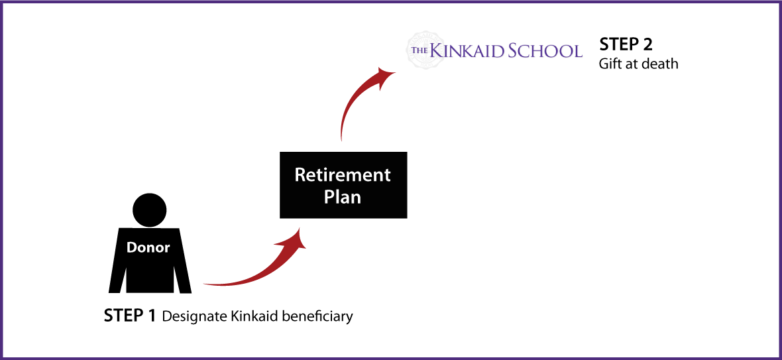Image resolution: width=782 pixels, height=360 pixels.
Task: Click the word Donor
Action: pyautogui.click(x=148, y=248)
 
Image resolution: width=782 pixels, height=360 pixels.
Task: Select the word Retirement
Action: pyautogui.click(x=343, y=176)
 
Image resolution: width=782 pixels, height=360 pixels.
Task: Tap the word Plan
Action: pyautogui.click(x=343, y=197)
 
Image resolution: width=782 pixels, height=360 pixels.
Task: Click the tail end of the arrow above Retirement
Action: pyautogui.click(x=341, y=137)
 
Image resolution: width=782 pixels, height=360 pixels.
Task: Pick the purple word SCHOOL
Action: pyautogui.click(x=545, y=51)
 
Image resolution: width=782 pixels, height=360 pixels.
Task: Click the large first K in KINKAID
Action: pyautogui.click(x=436, y=50)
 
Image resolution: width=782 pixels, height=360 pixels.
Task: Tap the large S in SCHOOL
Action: pyautogui.click(x=514, y=51)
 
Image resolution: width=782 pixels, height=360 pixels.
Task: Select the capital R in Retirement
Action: pyautogui.click(x=300, y=176)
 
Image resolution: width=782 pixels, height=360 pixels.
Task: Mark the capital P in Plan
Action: pyautogui.click(x=329, y=197)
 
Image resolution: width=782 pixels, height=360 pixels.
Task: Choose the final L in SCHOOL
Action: pyautogui.click(x=577, y=52)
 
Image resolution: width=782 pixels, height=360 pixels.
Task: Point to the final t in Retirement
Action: pyautogui.click(x=387, y=176)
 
